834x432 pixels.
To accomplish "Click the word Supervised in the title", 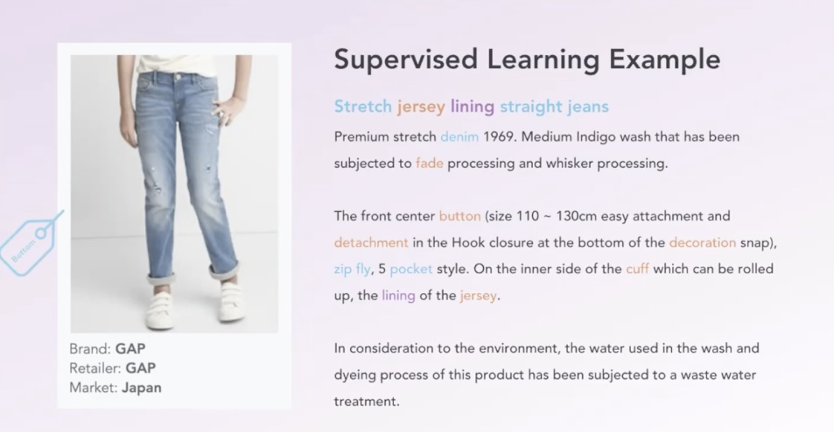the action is [406, 59].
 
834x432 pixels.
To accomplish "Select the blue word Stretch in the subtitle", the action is [363, 106].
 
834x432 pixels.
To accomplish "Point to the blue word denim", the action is [459, 137].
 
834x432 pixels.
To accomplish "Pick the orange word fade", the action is [430, 163].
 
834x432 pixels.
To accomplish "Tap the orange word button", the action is [460, 216].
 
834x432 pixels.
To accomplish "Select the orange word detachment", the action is [371, 243].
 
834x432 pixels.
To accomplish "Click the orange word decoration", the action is [703, 243].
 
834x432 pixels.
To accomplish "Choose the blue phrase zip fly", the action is [352, 269].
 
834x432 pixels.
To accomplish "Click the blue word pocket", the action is [411, 269].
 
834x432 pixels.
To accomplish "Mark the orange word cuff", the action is [637, 269].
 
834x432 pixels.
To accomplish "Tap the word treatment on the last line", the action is [366, 401].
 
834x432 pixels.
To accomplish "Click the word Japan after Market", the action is [141, 388].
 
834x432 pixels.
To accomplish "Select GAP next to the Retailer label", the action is [140, 368].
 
